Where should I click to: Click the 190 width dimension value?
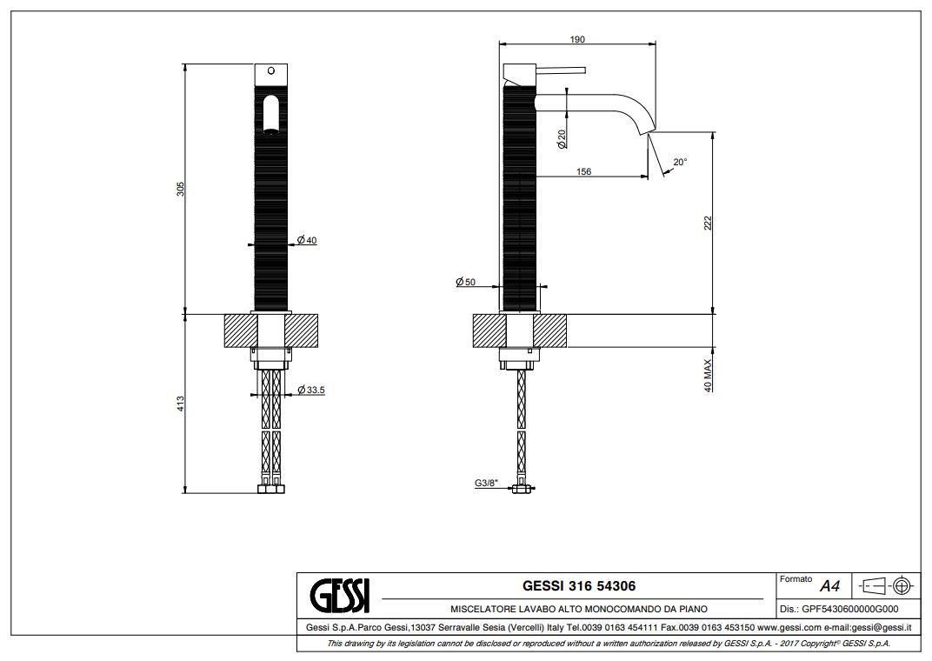coord(577,39)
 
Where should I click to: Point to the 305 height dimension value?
coord(181,189)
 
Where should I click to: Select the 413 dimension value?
coord(181,404)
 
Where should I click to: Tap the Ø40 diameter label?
coord(307,240)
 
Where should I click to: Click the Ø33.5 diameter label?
coord(311,390)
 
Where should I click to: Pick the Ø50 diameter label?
coord(465,282)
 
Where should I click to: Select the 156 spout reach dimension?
coord(583,171)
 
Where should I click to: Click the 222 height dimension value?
coord(708,224)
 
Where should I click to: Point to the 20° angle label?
coord(680,162)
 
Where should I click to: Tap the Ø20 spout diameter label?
coord(562,139)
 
